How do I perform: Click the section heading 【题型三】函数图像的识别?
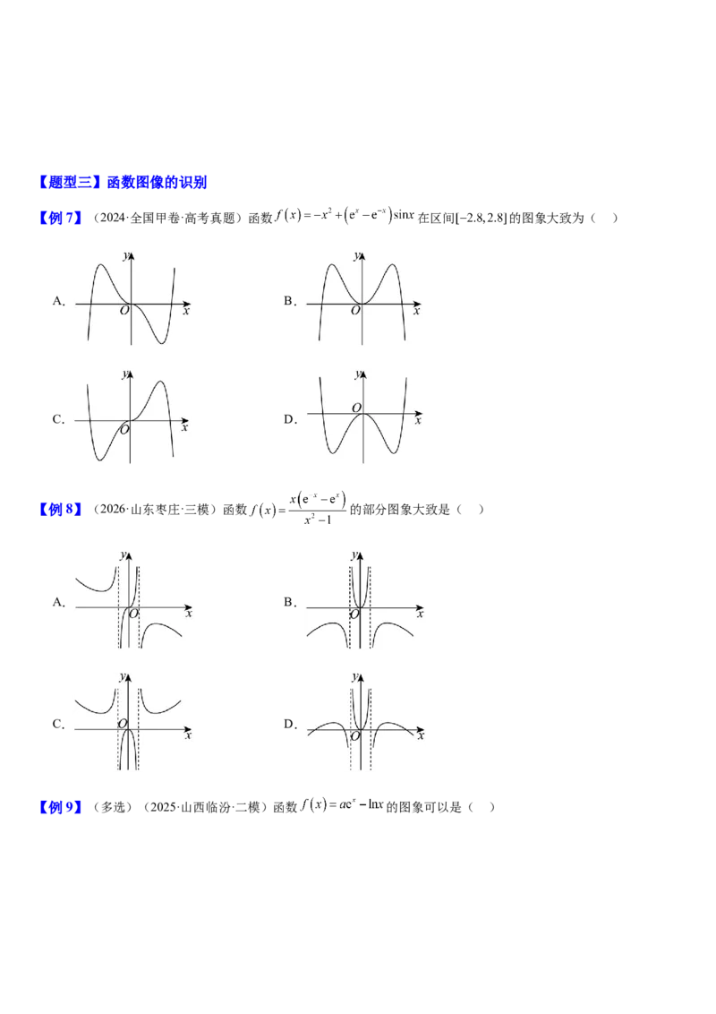pyautogui.click(x=122, y=183)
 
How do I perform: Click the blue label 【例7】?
pyautogui.click(x=60, y=218)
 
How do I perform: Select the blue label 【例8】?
pyautogui.click(x=60, y=510)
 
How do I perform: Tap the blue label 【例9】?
pyautogui.click(x=60, y=807)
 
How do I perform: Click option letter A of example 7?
pyautogui.click(x=59, y=301)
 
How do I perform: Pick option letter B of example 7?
pyautogui.click(x=289, y=301)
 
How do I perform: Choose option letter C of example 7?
pyautogui.click(x=59, y=419)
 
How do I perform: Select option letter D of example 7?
pyautogui.click(x=290, y=419)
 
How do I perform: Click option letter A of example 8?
pyautogui.click(x=59, y=602)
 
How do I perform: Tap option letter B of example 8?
pyautogui.click(x=289, y=602)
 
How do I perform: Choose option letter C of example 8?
pyautogui.click(x=59, y=724)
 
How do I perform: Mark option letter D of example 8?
pyautogui.click(x=290, y=724)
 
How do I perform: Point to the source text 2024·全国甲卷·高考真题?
pyautogui.click(x=167, y=218)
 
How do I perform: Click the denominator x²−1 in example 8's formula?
pyautogui.click(x=318, y=520)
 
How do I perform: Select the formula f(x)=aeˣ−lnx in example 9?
pyautogui.click(x=342, y=806)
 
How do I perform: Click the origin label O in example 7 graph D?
pyautogui.click(x=356, y=408)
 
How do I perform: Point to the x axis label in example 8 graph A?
pyautogui.click(x=189, y=614)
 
